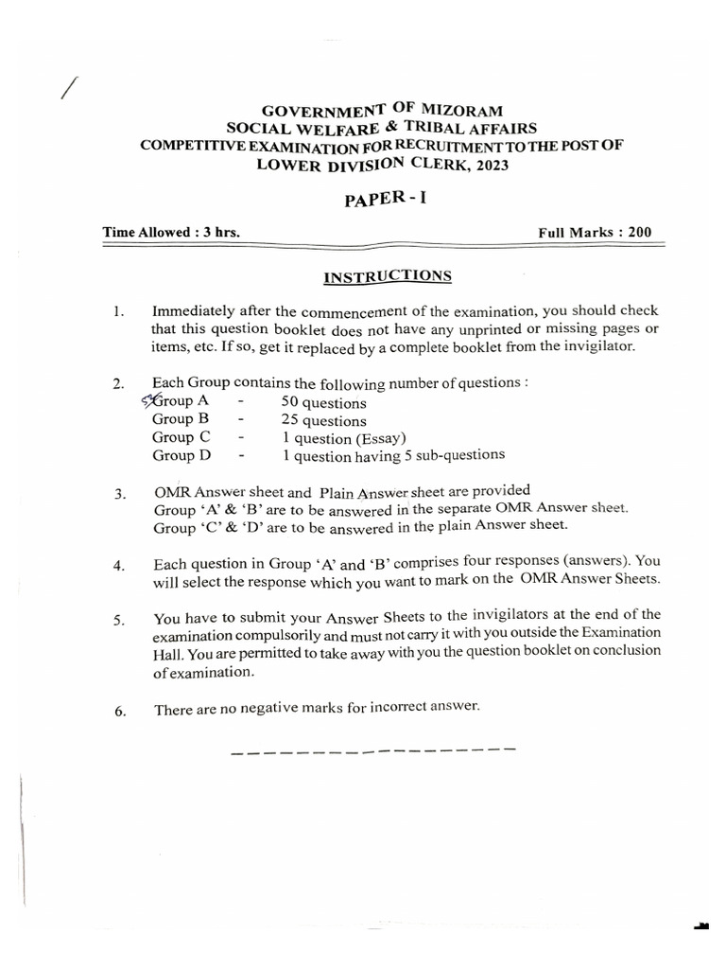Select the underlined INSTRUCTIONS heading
pos(388,276)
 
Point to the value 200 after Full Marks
pos(632,232)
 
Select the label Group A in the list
pos(180,401)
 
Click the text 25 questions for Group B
pos(323,420)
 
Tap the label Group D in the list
pos(181,455)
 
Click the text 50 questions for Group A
pos(323,402)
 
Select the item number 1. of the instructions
pos(117,311)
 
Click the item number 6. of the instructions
pos(119,712)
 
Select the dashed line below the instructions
pos(372,753)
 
